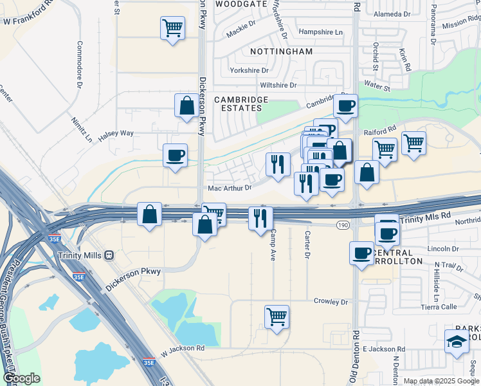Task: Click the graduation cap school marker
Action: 457,342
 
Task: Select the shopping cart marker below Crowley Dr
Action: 277,317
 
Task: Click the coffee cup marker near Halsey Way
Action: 175,156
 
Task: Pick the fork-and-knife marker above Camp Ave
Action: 260,218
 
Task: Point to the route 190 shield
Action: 343,225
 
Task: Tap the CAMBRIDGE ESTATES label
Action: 241,104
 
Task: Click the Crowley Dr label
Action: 331,301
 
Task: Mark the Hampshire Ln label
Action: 321,32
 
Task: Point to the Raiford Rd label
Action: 383,129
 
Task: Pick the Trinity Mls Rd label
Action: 426,220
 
